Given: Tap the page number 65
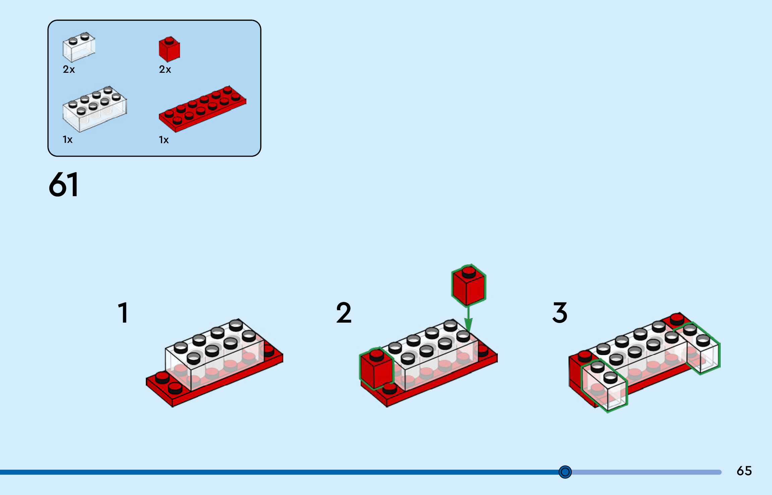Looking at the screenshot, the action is click(x=744, y=471).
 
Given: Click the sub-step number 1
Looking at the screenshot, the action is click(x=123, y=313).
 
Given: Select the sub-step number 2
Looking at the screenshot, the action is click(x=344, y=313).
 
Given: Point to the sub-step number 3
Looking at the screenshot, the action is click(x=560, y=313).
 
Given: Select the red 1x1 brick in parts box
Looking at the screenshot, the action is click(x=169, y=49).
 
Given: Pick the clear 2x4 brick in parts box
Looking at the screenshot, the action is click(x=95, y=109).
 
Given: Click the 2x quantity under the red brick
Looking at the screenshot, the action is click(x=165, y=69).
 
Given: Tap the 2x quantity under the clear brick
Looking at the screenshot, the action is click(x=69, y=69).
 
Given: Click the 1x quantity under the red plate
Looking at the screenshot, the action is click(x=164, y=140).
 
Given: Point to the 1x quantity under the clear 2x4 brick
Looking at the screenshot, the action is click(x=67, y=140).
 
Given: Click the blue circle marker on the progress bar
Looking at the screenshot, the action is click(x=565, y=472).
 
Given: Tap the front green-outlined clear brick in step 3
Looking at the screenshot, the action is click(x=604, y=386).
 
